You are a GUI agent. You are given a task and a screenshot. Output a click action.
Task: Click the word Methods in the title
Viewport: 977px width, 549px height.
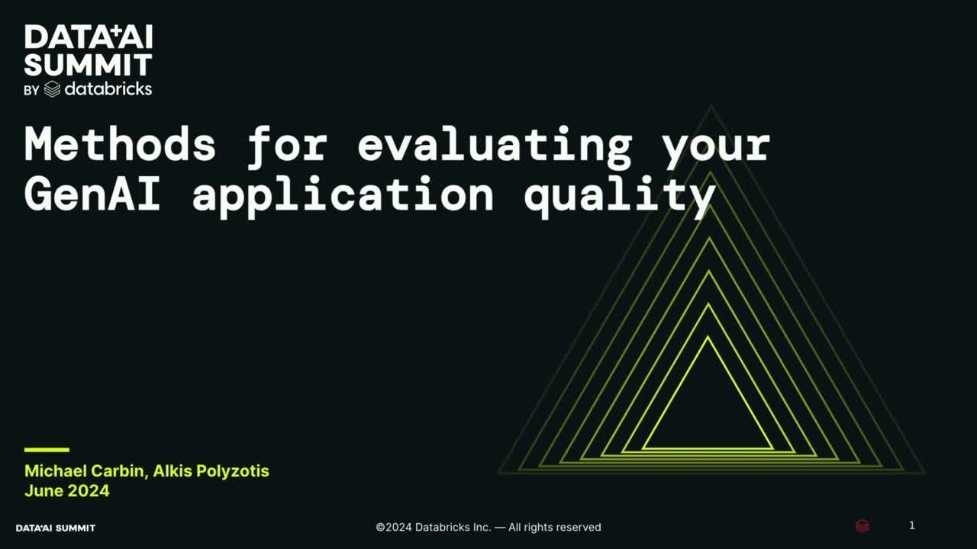[120, 144]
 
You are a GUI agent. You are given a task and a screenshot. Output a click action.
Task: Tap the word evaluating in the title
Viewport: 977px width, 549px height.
[495, 144]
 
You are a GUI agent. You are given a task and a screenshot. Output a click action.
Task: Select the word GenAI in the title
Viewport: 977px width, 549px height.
[92, 195]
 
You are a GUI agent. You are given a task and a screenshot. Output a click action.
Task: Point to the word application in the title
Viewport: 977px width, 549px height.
[343, 195]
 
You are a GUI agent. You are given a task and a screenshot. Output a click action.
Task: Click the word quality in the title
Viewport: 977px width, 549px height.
[619, 195]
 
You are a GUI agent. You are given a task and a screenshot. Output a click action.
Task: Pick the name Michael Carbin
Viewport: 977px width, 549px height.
[85, 470]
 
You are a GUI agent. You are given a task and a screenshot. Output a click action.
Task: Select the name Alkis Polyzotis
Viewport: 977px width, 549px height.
[211, 470]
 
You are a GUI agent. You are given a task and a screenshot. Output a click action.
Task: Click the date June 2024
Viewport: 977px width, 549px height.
[67, 490]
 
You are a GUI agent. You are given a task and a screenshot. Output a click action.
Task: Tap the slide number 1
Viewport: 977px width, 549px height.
[911, 525]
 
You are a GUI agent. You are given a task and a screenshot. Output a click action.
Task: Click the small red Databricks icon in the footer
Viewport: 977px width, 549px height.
[862, 526]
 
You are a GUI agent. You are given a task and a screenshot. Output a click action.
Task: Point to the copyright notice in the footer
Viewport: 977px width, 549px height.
[488, 527]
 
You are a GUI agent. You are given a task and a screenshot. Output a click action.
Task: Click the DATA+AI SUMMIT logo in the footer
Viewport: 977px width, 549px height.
[56, 528]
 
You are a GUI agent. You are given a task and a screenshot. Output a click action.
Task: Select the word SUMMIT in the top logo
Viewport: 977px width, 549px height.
[88, 64]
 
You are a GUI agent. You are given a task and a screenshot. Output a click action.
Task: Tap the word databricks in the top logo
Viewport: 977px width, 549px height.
[108, 89]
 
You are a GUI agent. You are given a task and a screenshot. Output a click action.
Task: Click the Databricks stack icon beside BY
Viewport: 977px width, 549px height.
[52, 89]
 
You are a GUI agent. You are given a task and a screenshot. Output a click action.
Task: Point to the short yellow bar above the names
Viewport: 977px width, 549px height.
[47, 450]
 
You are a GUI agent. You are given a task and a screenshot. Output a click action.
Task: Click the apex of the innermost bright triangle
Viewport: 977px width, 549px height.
[708, 339]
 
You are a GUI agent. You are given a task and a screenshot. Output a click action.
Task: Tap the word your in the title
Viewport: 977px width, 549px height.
[716, 144]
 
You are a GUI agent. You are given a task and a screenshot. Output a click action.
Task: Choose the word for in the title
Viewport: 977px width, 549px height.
[286, 144]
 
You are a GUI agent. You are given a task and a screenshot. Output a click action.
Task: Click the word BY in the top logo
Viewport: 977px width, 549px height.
[31, 91]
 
